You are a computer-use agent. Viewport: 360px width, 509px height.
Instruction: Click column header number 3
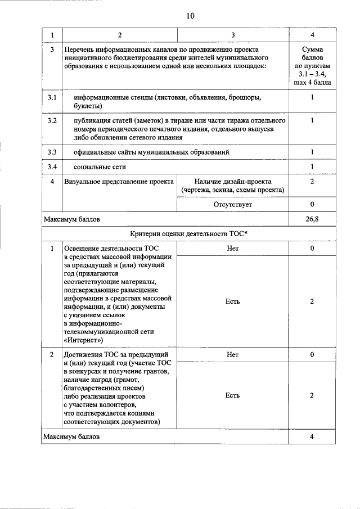[232, 35]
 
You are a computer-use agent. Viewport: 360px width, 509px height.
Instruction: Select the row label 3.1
[52, 98]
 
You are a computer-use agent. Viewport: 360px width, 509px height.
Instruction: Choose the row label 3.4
[52, 167]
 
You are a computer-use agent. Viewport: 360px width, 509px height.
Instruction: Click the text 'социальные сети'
[100, 167]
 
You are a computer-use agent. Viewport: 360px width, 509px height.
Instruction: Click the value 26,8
[312, 219]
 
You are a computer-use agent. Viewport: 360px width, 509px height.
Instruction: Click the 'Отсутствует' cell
[232, 205]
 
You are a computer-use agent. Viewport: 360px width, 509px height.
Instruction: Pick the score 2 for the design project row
[312, 182]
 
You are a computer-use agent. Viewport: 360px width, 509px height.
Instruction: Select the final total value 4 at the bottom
[312, 436]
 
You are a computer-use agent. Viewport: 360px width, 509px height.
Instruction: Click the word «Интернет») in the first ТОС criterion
[83, 340]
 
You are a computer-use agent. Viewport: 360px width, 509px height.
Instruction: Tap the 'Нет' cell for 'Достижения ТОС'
[232, 355]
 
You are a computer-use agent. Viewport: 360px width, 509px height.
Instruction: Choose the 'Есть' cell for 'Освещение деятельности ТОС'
[232, 301]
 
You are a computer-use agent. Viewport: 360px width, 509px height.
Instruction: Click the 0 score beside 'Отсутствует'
[312, 205]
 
